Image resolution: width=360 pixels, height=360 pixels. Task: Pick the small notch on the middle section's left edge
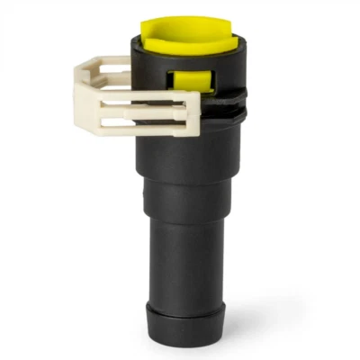(143, 193)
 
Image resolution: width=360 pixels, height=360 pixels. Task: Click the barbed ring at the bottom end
(184, 320)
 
